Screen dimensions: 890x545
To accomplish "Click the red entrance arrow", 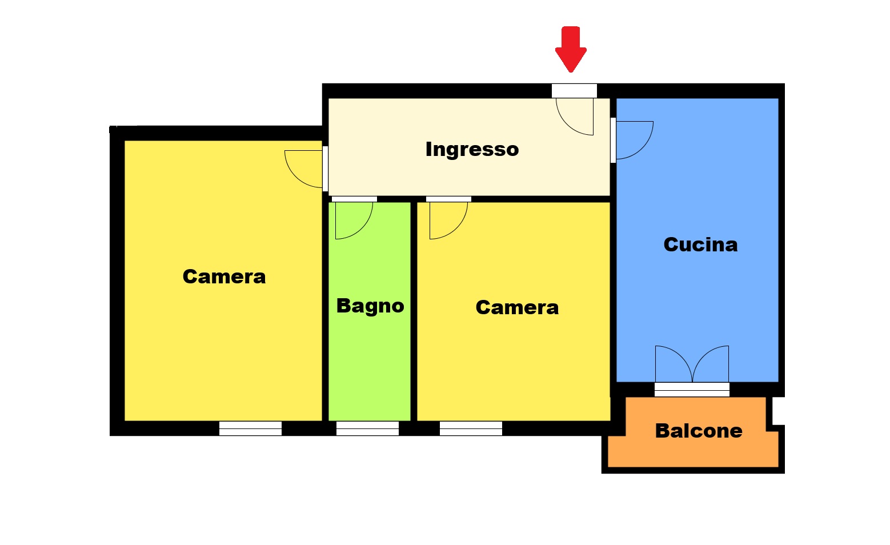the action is (571, 49).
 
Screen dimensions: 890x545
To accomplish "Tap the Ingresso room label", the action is (472, 150).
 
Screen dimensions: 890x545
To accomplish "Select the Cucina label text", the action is (700, 245).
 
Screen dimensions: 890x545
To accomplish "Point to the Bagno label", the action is (370, 306).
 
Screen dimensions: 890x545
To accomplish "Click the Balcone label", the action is (699, 431).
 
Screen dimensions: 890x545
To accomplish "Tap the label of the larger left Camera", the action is (224, 276).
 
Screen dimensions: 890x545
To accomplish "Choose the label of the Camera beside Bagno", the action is (517, 307).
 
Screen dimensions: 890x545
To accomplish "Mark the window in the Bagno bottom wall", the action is (367, 428).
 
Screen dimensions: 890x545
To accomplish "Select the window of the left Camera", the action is (250, 428).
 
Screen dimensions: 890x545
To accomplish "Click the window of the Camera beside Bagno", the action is (471, 428).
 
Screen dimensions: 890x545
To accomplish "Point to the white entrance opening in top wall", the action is (574, 91).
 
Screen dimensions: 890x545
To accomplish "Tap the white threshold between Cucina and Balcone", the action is (692, 390).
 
